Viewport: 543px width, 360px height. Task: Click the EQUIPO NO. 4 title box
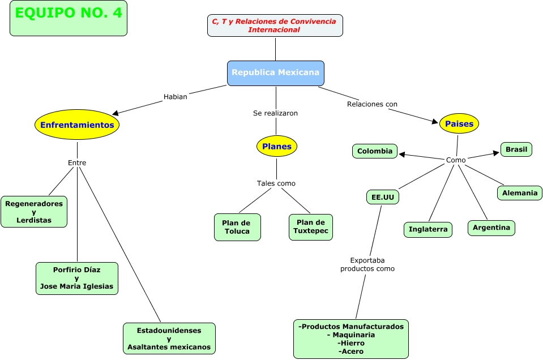click(x=69, y=18)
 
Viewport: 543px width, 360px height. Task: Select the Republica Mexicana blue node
click(x=276, y=73)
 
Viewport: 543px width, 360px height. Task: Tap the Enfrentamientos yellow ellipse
click(x=77, y=125)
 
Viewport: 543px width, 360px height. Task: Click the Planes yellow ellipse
click(x=277, y=146)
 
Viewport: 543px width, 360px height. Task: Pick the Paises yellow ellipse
click(x=459, y=123)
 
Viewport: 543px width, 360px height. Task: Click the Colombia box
click(x=375, y=151)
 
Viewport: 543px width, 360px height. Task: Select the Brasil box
click(x=516, y=149)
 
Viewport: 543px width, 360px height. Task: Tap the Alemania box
click(x=520, y=193)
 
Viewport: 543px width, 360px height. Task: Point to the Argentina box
click(x=491, y=228)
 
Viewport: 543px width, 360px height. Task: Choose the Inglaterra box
click(x=428, y=229)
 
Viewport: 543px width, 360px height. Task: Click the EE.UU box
click(x=383, y=198)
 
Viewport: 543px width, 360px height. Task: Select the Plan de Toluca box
click(x=237, y=227)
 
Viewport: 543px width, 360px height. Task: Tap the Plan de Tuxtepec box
click(x=311, y=227)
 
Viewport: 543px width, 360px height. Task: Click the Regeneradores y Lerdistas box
click(x=34, y=212)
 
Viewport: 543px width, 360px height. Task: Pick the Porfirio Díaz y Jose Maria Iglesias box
click(x=77, y=278)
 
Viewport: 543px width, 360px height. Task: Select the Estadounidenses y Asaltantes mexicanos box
click(x=169, y=338)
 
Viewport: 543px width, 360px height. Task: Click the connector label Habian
click(x=175, y=97)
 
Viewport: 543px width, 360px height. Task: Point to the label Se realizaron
click(x=275, y=113)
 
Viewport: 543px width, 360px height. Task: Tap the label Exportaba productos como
click(x=367, y=264)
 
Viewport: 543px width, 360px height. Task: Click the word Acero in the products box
click(x=353, y=352)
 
